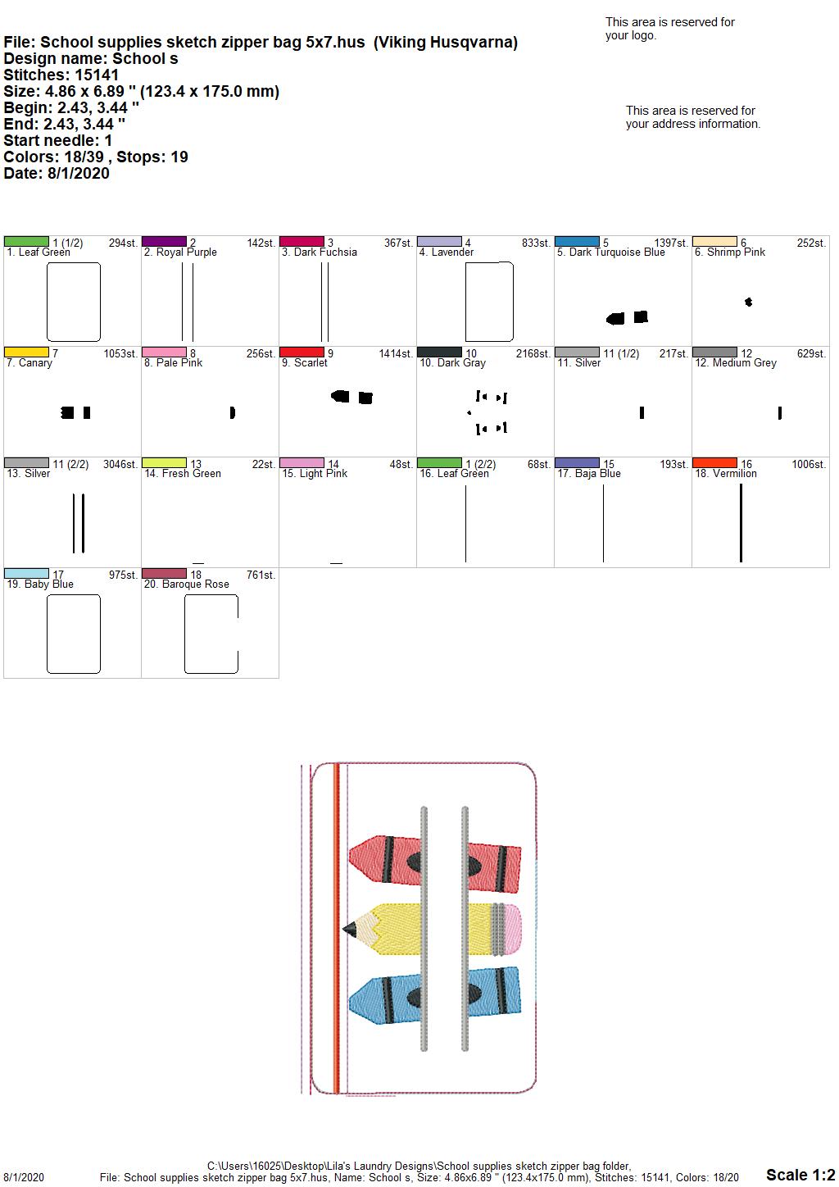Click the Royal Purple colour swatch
(164, 241)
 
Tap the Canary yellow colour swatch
(26, 352)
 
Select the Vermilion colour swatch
(714, 462)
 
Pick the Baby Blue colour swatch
(26, 573)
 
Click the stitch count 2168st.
(533, 353)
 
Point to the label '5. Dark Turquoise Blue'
(610, 252)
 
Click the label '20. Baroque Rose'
(187, 584)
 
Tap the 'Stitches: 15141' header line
(61, 75)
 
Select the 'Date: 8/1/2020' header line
(57, 173)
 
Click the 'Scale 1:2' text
(800, 1175)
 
